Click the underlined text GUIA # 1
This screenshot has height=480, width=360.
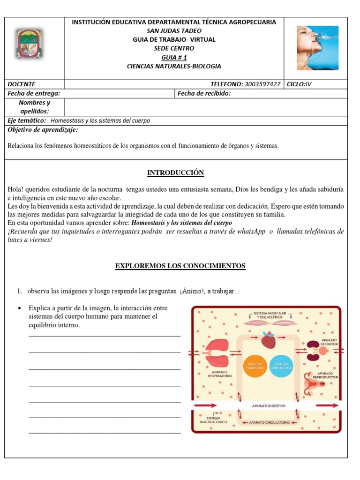tap(173, 57)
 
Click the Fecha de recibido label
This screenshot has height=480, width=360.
tap(204, 93)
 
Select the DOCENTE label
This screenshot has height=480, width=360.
tap(22, 84)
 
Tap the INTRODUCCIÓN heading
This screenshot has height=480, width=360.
tap(176, 173)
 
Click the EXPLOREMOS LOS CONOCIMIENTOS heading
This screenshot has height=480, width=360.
tap(180, 266)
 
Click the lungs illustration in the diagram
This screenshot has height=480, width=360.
tap(216, 352)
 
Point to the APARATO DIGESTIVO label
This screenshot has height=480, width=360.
tap(269, 405)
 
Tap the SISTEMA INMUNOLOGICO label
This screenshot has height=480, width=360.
tap(213, 420)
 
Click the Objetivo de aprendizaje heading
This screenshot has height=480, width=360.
tap(43, 130)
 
